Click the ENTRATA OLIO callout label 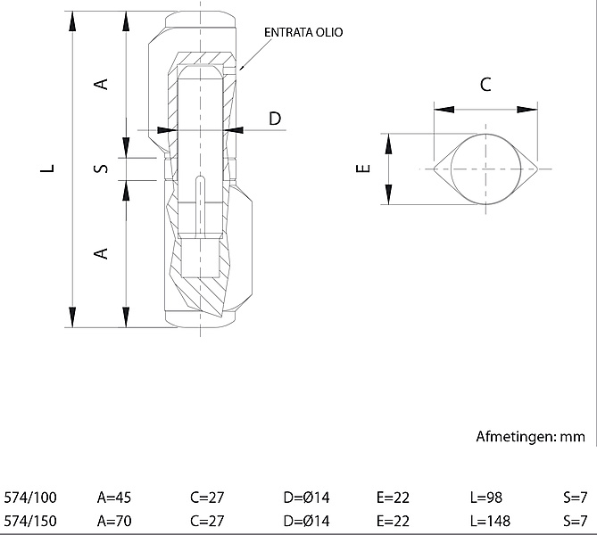click(x=303, y=32)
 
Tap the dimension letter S click(x=102, y=168)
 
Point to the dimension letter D click(x=275, y=118)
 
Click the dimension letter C click(x=485, y=85)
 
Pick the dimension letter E click(x=361, y=168)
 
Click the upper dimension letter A click(x=102, y=84)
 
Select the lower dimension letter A click(x=102, y=253)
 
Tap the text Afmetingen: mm click(x=530, y=436)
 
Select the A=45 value click(x=114, y=498)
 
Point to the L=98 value click(x=486, y=498)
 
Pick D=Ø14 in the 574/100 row click(x=306, y=498)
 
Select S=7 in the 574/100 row click(x=575, y=498)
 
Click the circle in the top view click(x=485, y=168)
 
